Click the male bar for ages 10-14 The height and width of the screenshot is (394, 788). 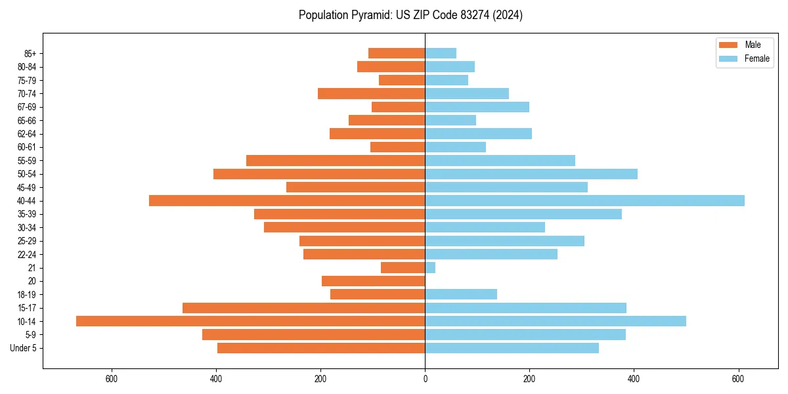click(x=250, y=321)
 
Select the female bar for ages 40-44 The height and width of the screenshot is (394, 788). click(x=584, y=200)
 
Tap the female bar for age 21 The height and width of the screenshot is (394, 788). click(x=430, y=268)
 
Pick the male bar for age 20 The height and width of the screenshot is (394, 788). click(x=373, y=281)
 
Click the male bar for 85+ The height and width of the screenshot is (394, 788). click(x=397, y=53)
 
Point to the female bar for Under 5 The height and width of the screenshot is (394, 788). click(x=512, y=348)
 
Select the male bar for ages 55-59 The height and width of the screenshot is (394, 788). click(x=336, y=160)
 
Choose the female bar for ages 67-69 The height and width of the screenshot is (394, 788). click(x=477, y=107)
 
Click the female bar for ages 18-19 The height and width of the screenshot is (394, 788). click(x=461, y=294)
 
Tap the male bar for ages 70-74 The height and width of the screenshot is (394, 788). click(x=371, y=93)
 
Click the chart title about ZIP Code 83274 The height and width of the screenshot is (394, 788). click(x=410, y=15)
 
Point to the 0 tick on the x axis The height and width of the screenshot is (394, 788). click(x=425, y=378)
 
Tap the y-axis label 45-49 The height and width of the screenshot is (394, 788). click(x=26, y=187)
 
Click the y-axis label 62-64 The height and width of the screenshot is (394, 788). click(x=26, y=134)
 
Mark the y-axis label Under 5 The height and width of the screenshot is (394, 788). click(x=24, y=348)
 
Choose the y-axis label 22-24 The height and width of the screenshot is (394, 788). click(x=26, y=254)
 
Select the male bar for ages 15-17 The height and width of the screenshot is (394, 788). click(x=303, y=308)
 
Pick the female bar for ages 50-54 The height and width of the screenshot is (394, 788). click(x=531, y=174)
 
